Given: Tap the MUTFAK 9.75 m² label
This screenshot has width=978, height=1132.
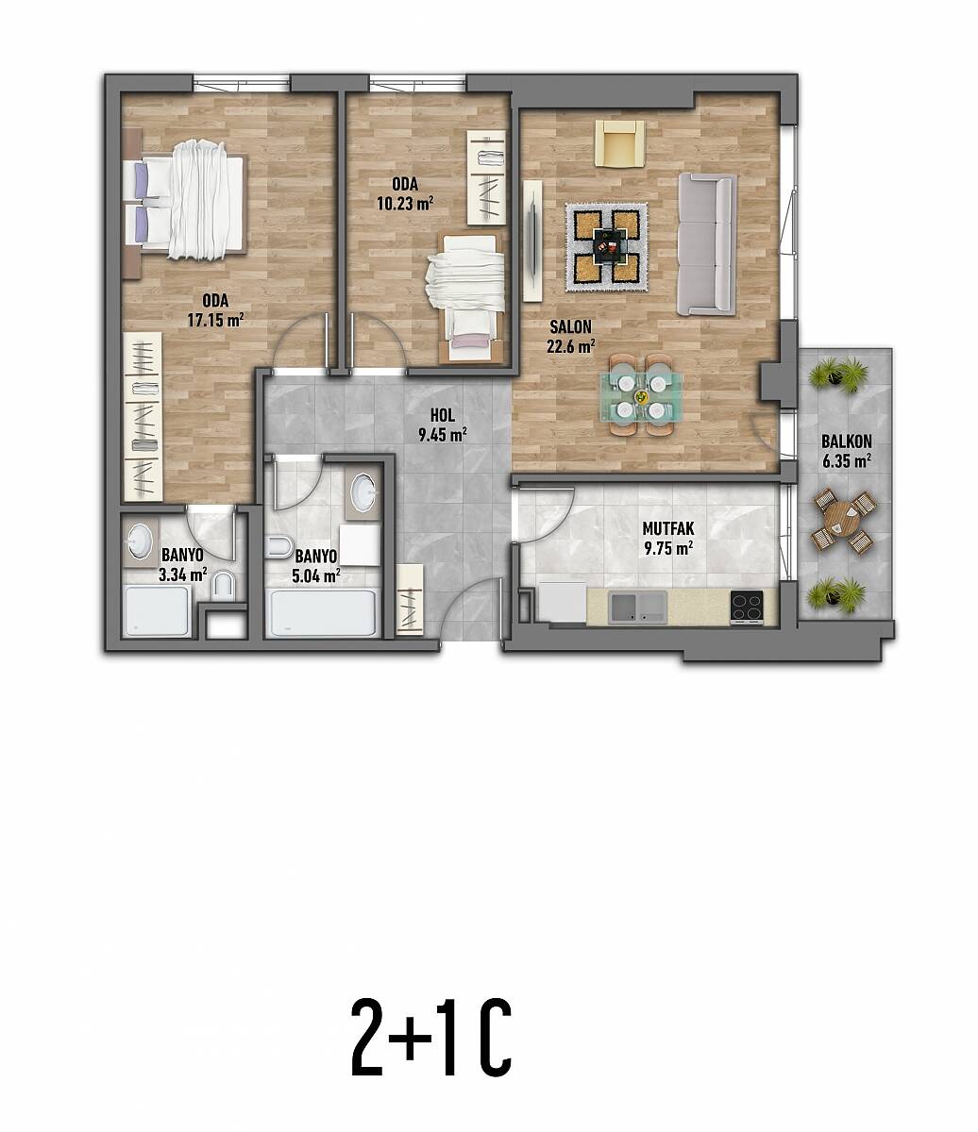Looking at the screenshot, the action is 668,539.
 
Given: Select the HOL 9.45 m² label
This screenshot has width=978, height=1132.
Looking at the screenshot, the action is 443,425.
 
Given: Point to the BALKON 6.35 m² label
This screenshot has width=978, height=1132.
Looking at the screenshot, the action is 847,451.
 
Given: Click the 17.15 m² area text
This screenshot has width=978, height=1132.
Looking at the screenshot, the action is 215,320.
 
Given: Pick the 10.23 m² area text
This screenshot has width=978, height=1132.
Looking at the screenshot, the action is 405,204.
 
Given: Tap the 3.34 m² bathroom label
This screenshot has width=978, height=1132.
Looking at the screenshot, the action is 182,574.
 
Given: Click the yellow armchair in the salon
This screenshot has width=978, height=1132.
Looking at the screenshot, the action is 620,143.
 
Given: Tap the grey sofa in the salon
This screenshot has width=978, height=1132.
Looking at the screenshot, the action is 707,244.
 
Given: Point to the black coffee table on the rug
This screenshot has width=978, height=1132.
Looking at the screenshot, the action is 607,245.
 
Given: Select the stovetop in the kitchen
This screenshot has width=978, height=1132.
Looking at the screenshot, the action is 747,607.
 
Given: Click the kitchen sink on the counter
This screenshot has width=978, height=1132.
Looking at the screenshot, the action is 639,608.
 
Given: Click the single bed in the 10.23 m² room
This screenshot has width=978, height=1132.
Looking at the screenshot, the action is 467,298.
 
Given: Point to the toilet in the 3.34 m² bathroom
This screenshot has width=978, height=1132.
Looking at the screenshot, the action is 224,585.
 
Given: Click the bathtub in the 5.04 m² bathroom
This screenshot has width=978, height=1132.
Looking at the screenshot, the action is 324,612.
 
